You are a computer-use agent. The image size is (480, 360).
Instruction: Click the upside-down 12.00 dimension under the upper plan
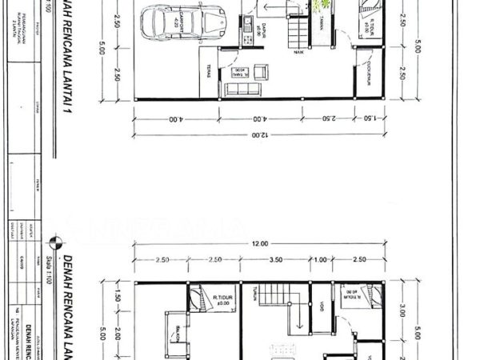coord(257,134)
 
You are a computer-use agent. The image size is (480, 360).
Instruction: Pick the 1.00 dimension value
coord(320,260)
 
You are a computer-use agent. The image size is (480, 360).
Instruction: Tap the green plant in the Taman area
coord(323,6)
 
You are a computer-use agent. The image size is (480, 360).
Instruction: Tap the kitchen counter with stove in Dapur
coord(247,24)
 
